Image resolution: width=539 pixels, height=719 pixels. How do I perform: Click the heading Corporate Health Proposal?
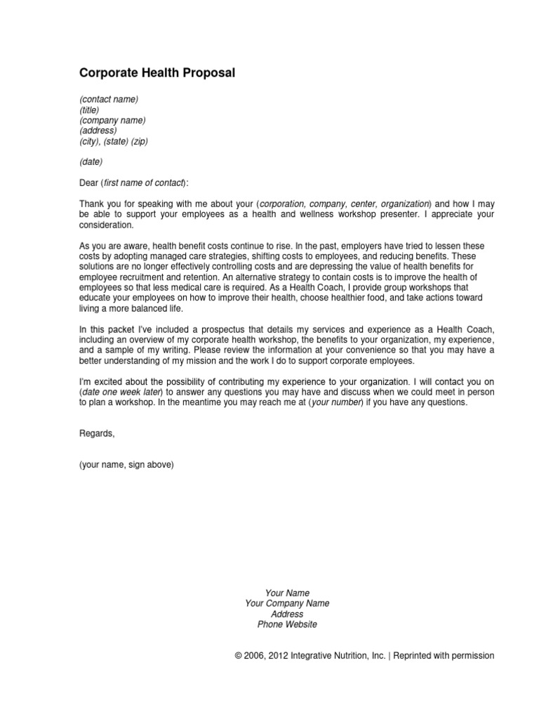point(157,73)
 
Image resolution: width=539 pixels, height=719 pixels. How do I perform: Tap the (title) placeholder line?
point(89,110)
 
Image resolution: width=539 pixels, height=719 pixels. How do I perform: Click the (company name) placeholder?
point(112,120)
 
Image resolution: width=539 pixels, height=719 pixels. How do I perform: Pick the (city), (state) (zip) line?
point(114,141)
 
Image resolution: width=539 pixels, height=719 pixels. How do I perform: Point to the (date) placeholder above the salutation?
point(91,162)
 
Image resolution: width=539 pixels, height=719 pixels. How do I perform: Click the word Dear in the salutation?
point(89,183)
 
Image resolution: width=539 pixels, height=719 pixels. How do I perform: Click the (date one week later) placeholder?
point(121,393)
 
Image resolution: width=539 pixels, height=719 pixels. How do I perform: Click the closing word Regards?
point(96,434)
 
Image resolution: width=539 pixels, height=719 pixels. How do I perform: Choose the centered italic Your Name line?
point(287,593)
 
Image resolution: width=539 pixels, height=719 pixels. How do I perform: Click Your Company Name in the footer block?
point(287,604)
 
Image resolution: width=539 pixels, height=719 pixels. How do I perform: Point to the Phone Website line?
point(287,624)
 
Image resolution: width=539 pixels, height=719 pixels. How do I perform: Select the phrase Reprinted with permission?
point(444,656)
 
